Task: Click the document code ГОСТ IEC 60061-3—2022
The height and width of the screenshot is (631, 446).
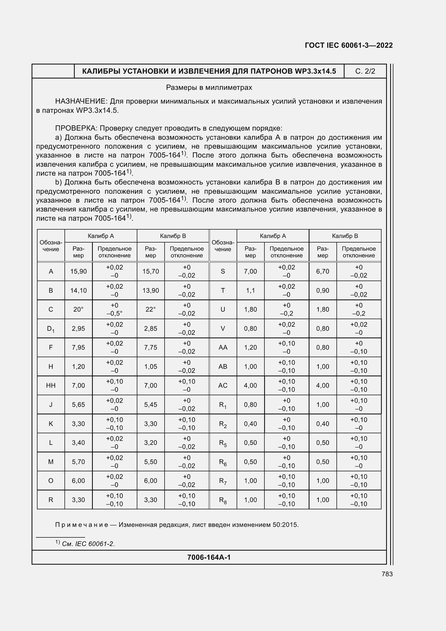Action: pos(348,45)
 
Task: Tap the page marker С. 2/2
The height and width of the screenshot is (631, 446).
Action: pos(365,71)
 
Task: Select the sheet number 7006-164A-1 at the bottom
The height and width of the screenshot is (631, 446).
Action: pos(209,557)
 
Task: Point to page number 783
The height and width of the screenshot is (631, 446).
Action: pos(387,574)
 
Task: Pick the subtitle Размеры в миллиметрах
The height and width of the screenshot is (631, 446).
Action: pos(209,88)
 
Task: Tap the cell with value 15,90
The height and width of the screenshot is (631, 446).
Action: pos(78,272)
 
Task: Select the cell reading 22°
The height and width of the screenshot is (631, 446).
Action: pos(151,309)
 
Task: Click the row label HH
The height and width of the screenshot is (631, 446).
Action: pos(51,386)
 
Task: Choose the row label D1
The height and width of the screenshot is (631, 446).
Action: pos(51,329)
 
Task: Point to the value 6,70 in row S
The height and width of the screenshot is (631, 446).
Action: pos(323,272)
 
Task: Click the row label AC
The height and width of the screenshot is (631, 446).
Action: pos(223,386)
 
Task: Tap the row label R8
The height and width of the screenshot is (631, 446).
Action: pos(223,500)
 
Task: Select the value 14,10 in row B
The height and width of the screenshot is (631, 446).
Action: pos(78,291)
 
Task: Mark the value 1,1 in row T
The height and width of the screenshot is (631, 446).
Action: pos(250,291)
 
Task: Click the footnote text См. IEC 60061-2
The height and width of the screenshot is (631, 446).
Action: pos(88,544)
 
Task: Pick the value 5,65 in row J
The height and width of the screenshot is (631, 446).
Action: pos(78,405)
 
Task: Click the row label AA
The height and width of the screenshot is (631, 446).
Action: pos(223,348)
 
